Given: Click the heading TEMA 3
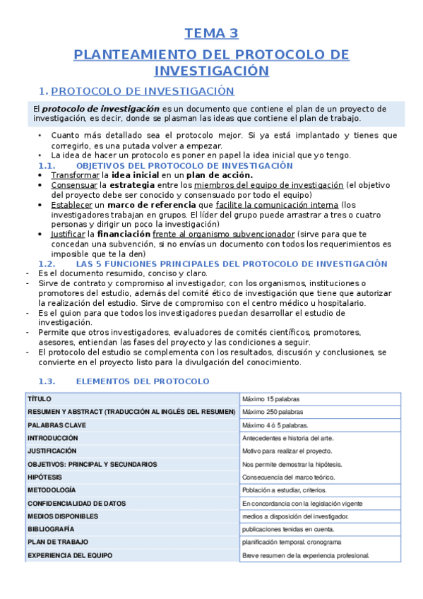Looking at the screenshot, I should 211,33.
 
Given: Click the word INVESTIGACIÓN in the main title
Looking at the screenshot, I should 211,71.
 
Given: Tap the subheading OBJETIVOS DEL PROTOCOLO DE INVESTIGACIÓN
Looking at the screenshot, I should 184,165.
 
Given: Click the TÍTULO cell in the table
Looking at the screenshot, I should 40,399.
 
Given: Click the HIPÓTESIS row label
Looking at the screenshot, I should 46,477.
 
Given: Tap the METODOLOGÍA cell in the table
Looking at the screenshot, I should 52,490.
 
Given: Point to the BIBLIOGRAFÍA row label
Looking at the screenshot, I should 50,529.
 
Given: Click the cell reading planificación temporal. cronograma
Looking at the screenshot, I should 292,542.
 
